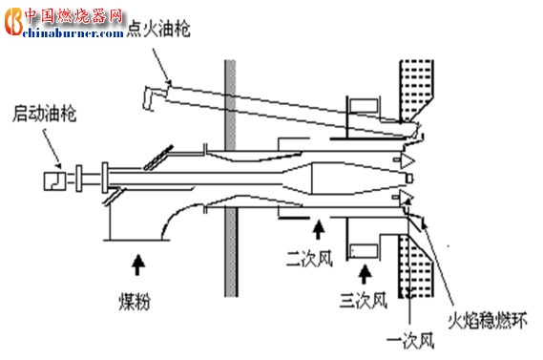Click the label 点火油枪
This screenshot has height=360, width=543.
(157, 30)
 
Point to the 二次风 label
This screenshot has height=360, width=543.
(306, 258)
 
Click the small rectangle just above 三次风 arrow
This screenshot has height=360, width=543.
(362, 250)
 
